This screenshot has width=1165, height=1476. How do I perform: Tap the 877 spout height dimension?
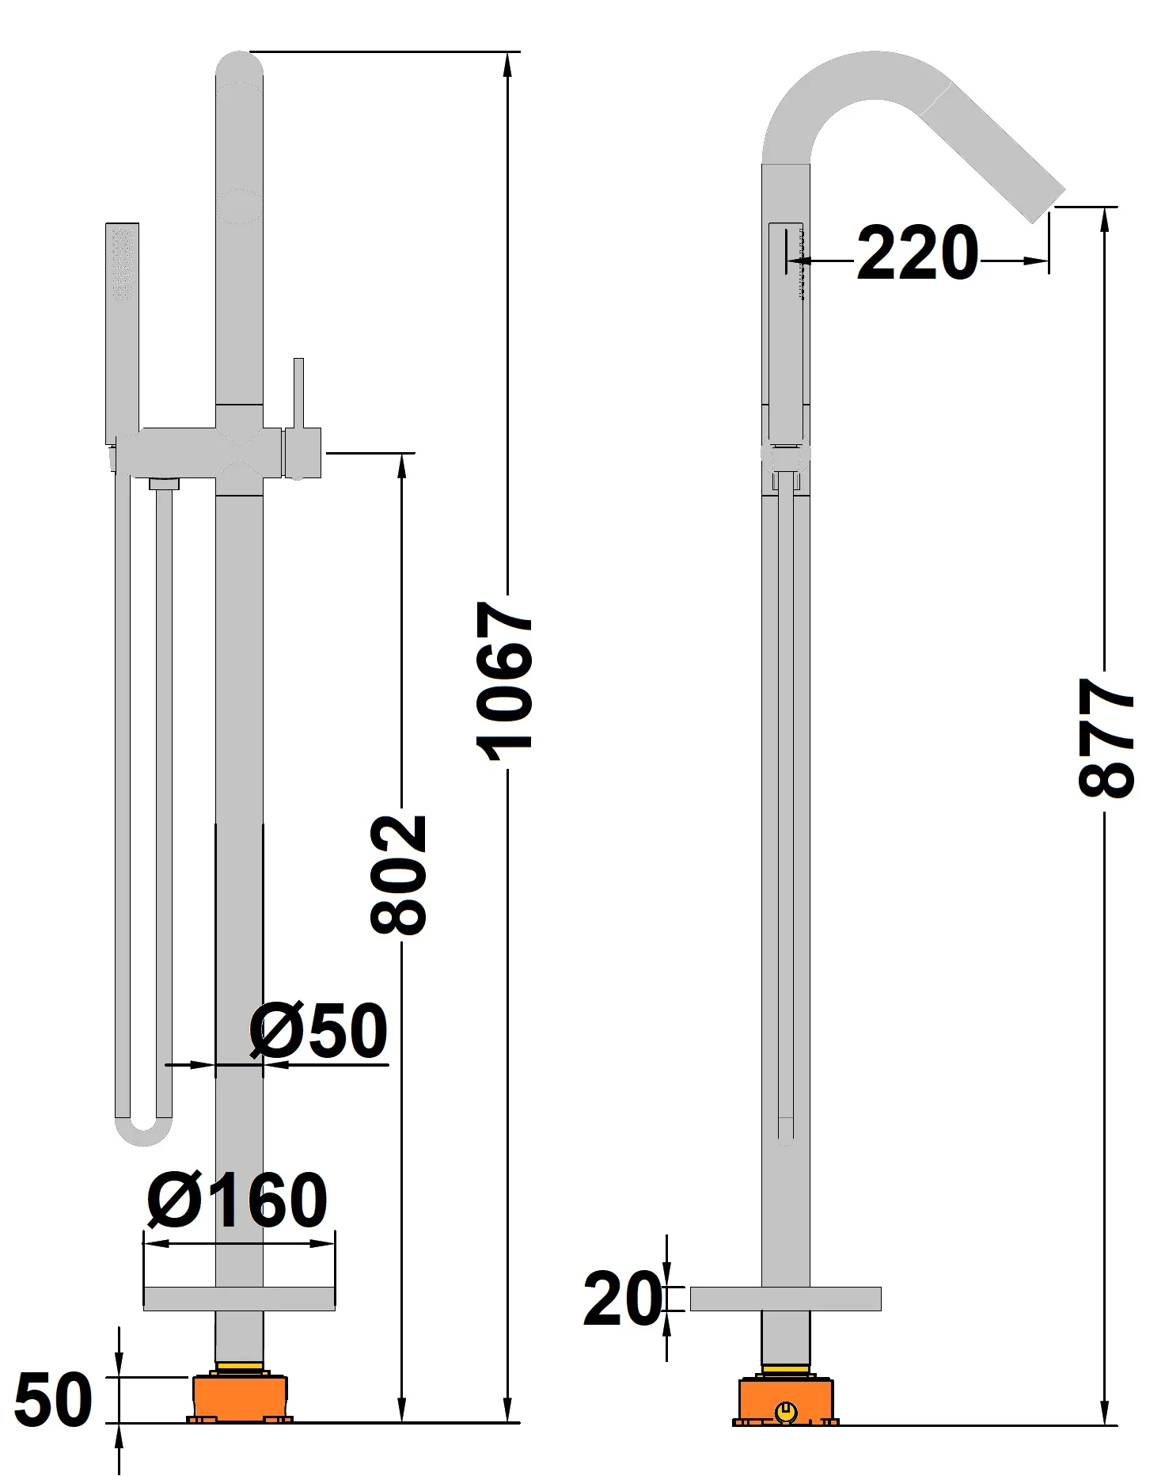1107,736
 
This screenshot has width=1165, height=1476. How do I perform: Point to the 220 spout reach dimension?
917,253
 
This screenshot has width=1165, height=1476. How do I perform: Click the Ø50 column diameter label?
318,1031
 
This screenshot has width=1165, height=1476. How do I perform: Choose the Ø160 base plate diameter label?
237,1199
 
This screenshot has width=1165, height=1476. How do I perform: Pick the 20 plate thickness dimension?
622,1299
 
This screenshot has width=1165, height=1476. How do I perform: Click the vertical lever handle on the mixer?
298,396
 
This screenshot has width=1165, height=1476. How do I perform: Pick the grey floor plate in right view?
785,1299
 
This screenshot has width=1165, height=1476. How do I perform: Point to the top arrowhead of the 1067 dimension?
507,63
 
